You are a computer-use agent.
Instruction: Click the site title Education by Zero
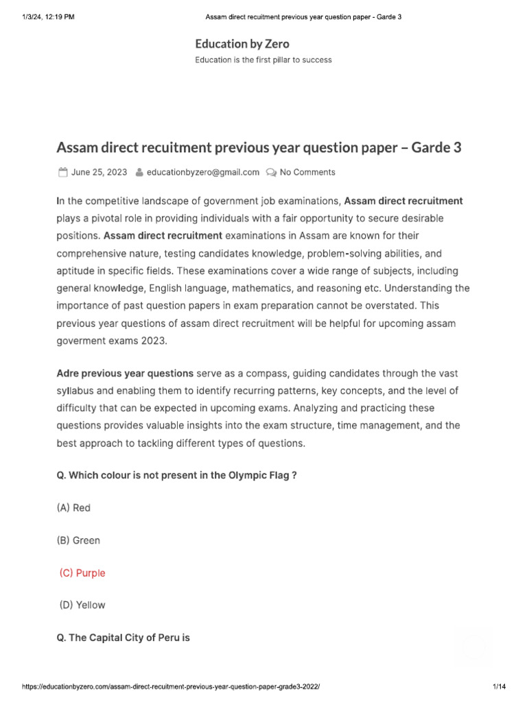pyautogui.click(x=242, y=44)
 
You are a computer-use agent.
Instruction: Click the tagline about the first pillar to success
pyautogui.click(x=263, y=60)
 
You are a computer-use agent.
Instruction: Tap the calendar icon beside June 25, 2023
pyautogui.click(x=62, y=172)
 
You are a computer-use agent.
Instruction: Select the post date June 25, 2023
pyautogui.click(x=99, y=172)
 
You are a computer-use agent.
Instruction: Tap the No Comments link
pyautogui.click(x=307, y=172)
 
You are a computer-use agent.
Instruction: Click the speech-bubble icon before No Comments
pyautogui.click(x=272, y=172)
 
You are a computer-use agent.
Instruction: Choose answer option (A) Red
pyautogui.click(x=73, y=508)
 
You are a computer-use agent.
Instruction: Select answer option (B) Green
pyautogui.click(x=78, y=540)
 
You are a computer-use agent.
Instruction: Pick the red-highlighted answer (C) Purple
pyautogui.click(x=82, y=572)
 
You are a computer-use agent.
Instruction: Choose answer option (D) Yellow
pyautogui.click(x=82, y=605)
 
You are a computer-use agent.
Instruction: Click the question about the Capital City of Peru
pyautogui.click(x=124, y=638)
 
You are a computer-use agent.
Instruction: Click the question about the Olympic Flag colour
pyautogui.click(x=176, y=475)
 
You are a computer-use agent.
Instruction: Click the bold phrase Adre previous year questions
pyautogui.click(x=125, y=374)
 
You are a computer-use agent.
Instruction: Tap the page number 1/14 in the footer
pyautogui.click(x=499, y=686)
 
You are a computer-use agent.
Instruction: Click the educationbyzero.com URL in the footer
pyautogui.click(x=172, y=686)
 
